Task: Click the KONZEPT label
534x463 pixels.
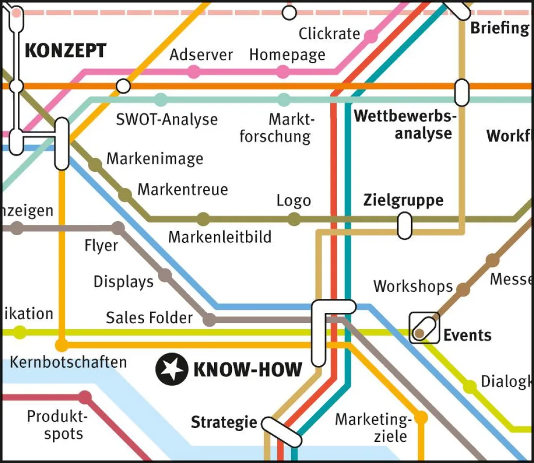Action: point(65,51)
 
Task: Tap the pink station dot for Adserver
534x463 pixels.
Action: point(193,72)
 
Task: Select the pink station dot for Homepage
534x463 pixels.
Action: point(283,72)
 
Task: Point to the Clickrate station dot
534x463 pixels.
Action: point(370,35)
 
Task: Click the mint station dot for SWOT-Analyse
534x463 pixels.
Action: point(161,100)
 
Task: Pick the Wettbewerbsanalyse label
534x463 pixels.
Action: point(405,125)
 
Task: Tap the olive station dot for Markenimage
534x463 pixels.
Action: point(95,165)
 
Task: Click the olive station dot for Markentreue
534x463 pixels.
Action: point(125,195)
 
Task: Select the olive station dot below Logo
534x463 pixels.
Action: point(294,220)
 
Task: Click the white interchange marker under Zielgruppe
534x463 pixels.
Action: point(405,225)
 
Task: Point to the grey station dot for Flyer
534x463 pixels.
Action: point(118,227)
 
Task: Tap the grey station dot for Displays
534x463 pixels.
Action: point(165,275)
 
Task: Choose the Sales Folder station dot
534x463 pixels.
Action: point(209,320)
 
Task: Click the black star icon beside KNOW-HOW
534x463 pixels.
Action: point(171,369)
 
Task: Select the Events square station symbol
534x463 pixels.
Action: point(424,328)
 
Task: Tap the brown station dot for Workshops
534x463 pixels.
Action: point(464,290)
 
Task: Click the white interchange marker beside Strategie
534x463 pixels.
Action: point(281,432)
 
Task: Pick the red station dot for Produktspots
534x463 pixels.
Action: point(85,397)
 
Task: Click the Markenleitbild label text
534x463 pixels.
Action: point(220,237)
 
